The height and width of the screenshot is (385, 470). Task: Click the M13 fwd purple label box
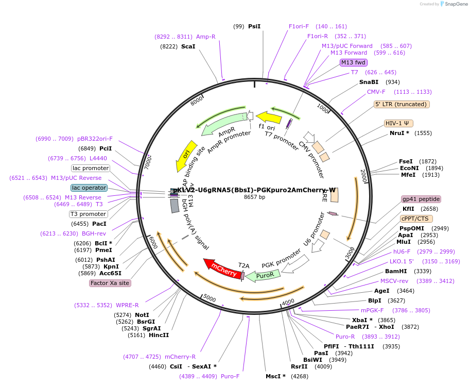tap(353, 62)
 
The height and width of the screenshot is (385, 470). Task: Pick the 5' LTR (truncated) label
tap(402, 104)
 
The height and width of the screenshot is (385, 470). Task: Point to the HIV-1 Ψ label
tap(398, 123)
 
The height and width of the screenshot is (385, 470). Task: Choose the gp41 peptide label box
tap(421, 199)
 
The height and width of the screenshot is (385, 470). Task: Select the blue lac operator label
tap(89, 188)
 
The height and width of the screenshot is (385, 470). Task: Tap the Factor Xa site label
tap(110, 283)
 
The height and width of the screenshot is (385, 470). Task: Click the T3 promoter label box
tap(89, 214)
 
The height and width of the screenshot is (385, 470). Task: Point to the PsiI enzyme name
tap(254, 26)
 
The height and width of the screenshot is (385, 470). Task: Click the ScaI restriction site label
tap(188, 46)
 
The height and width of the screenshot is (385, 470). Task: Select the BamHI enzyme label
tap(396, 271)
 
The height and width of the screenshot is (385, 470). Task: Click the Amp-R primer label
tap(206, 37)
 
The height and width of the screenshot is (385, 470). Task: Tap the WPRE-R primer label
tap(128, 305)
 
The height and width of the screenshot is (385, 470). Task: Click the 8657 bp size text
tap(254, 197)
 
